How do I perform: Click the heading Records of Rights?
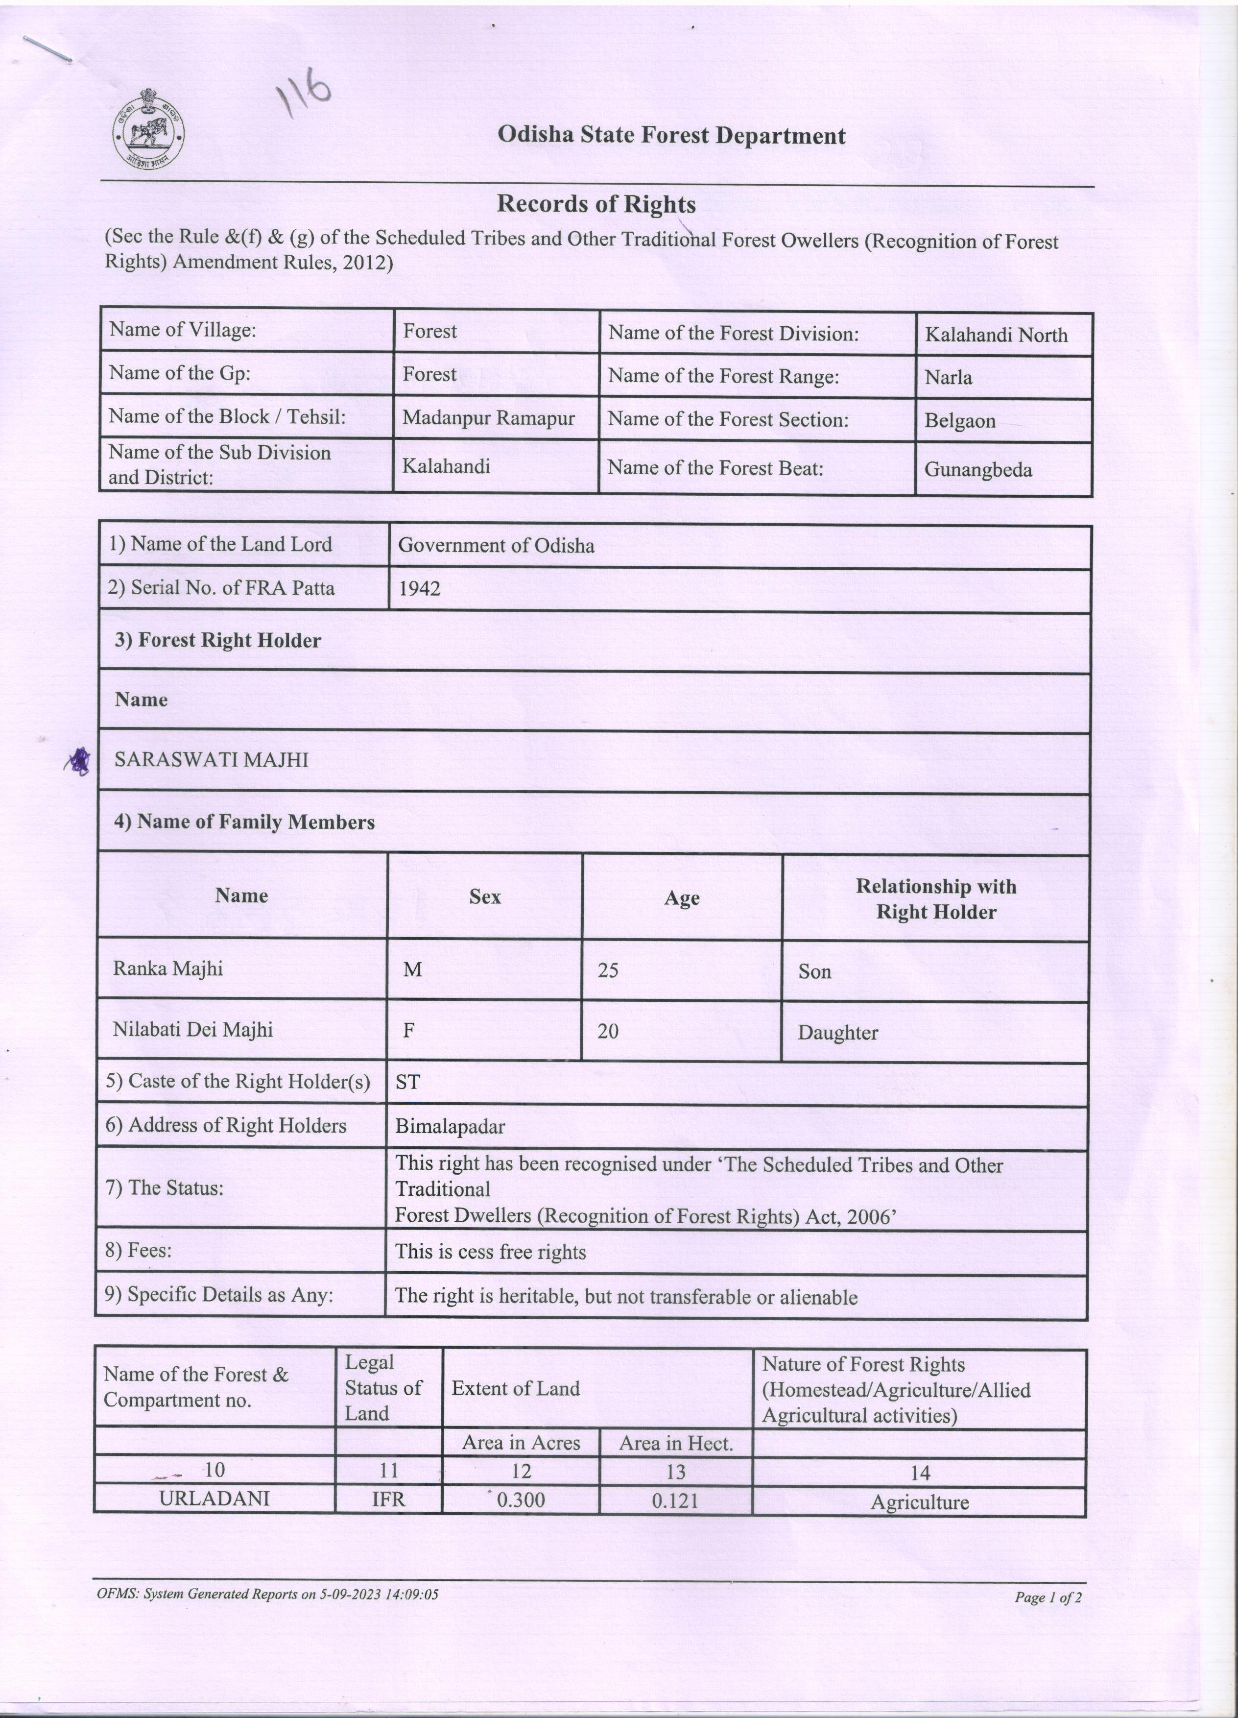click(596, 204)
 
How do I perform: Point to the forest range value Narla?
click(948, 377)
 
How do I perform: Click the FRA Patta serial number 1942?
click(420, 588)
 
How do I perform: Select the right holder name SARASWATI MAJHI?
click(211, 760)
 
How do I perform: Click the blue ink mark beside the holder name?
click(78, 761)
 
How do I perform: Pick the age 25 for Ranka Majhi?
click(608, 969)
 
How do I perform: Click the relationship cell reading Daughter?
click(837, 1033)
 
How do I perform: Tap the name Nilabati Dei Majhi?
click(192, 1029)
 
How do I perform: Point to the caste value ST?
click(407, 1082)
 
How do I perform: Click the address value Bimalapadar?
click(450, 1126)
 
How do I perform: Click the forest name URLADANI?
click(214, 1499)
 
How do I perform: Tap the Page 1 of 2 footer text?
click(1048, 1597)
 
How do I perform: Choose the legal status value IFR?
click(388, 1499)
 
